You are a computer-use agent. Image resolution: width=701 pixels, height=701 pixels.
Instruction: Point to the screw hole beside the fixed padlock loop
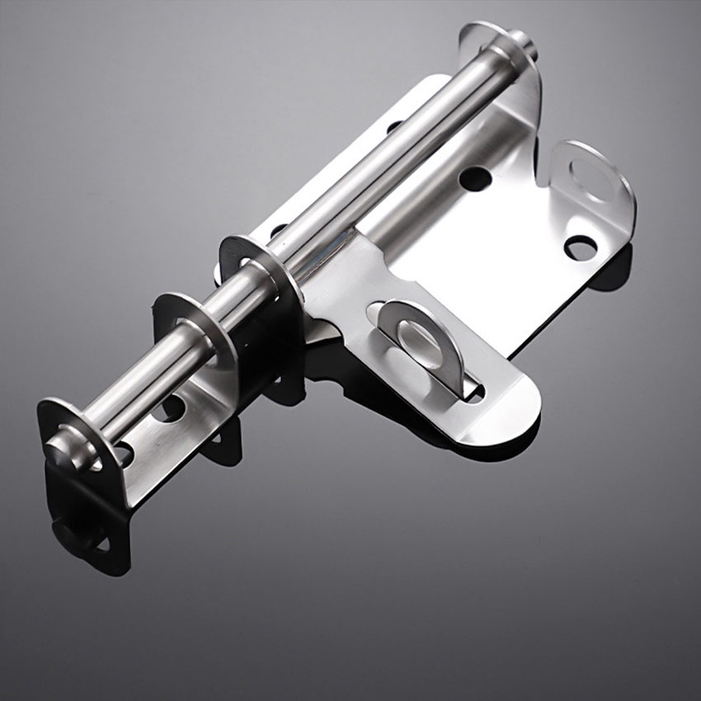tap(580, 246)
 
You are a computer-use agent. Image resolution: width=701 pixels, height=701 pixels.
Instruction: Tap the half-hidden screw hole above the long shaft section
tap(394, 127)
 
